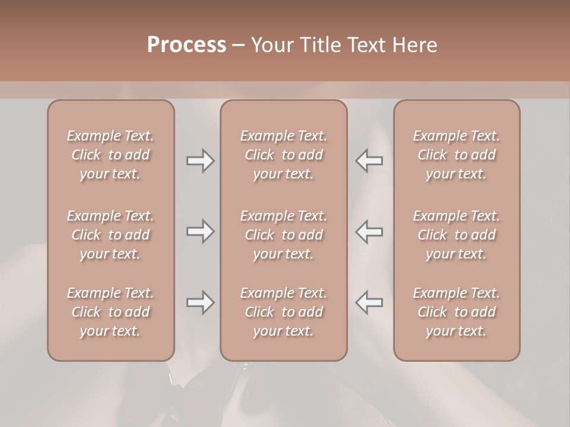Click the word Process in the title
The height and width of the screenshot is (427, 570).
click(x=186, y=45)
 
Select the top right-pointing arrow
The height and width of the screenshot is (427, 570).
click(x=200, y=161)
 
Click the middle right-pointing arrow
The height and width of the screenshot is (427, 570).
click(x=200, y=231)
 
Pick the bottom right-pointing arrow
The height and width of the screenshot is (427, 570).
click(x=200, y=302)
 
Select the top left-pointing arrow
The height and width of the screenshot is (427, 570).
click(x=369, y=161)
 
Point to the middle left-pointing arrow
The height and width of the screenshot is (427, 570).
click(x=369, y=231)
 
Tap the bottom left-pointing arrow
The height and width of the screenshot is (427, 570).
click(x=369, y=302)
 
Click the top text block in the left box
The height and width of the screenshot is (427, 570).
click(x=110, y=155)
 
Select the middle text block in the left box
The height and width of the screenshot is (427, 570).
click(x=110, y=235)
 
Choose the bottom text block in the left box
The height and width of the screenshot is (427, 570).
click(x=110, y=312)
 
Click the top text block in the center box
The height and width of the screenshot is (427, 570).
click(x=283, y=155)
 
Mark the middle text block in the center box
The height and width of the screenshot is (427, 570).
click(x=283, y=235)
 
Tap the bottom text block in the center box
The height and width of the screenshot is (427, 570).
click(x=283, y=312)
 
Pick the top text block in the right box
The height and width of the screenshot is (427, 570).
click(x=457, y=155)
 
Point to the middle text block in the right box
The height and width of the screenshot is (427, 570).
click(x=457, y=235)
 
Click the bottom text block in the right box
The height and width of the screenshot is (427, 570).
click(x=457, y=312)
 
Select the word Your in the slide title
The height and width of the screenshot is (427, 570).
click(x=270, y=45)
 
